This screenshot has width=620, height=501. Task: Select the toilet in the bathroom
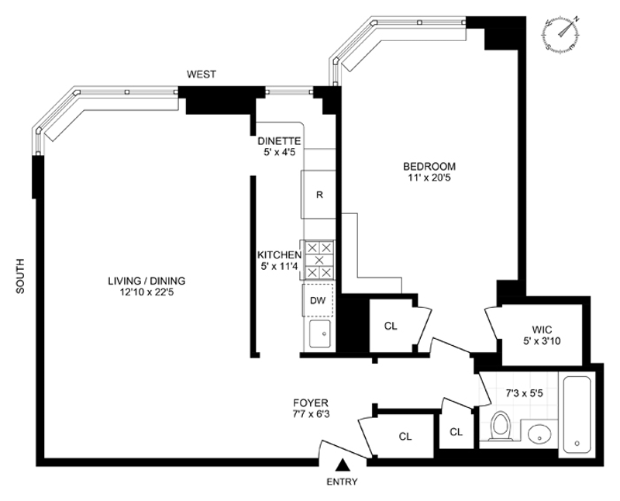[x=501, y=427]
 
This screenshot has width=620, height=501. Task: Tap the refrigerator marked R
[x=319, y=194]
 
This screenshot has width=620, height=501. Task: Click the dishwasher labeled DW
[x=319, y=300]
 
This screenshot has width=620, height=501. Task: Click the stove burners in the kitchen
[x=319, y=260]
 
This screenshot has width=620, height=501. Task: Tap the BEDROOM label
[x=428, y=166]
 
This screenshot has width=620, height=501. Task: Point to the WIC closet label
[x=542, y=329]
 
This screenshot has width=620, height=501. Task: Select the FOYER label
[x=311, y=403]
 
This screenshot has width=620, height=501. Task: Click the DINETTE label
[x=280, y=140]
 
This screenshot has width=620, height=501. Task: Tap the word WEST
[x=201, y=74]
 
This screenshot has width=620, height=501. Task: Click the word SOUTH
[x=21, y=276]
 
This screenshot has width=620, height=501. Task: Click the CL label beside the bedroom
[x=391, y=326]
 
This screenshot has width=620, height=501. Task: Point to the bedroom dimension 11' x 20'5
[x=428, y=178]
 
